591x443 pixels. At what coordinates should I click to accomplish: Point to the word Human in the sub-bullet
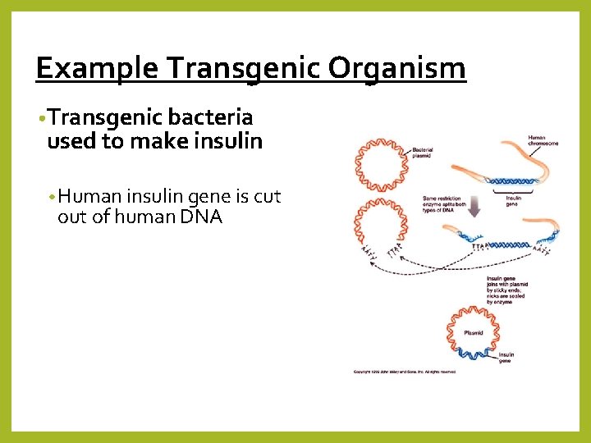tap(89, 197)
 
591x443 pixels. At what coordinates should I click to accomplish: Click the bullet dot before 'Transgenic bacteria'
tap(41, 119)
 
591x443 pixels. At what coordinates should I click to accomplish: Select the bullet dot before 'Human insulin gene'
tap(51, 198)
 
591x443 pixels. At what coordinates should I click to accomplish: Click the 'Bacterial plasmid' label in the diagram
tap(424, 153)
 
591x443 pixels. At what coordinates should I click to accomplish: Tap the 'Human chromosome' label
tap(543, 140)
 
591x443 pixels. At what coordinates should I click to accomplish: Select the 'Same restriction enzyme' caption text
tap(445, 202)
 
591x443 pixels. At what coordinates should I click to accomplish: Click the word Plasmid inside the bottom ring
tap(474, 333)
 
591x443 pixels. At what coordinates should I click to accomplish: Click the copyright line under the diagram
tap(404, 372)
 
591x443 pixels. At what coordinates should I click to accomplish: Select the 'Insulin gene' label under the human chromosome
tap(514, 199)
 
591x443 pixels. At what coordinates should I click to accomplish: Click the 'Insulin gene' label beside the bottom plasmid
tap(506, 358)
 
